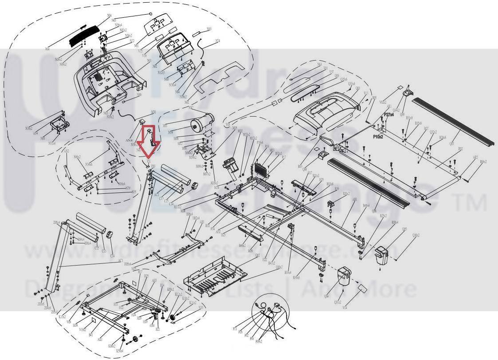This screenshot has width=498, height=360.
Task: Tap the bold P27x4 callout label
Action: tap(389, 115)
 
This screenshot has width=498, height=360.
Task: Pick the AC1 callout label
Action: tap(120, 261)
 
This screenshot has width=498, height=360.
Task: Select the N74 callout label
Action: tap(218, 41)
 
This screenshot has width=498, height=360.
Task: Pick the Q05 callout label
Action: tap(404, 229)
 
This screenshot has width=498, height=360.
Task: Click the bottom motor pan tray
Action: tap(215, 275)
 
